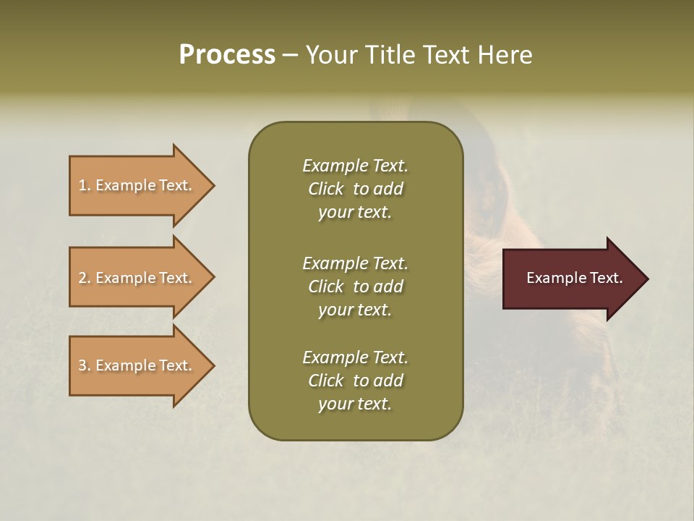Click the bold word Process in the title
pyautogui.click(x=227, y=55)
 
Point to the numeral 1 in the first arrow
pyautogui.click(x=82, y=185)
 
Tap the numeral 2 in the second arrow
pyautogui.click(x=82, y=278)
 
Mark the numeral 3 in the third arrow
pyautogui.click(x=82, y=365)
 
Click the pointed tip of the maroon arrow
pyautogui.click(x=646, y=279)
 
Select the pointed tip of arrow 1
pyautogui.click(x=213, y=185)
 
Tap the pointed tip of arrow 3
pyautogui.click(x=213, y=365)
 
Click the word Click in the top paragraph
pyautogui.click(x=326, y=189)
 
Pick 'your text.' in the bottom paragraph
pyautogui.click(x=355, y=404)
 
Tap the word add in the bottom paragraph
pyautogui.click(x=389, y=381)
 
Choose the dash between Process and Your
pyautogui.click(x=291, y=55)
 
